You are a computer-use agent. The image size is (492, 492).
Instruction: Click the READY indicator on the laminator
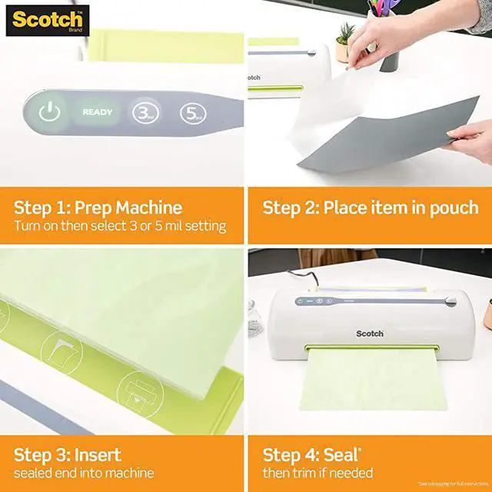(98, 112)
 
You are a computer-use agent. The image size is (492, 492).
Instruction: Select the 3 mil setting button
(143, 113)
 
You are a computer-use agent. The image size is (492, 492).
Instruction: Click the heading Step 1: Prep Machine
(98, 208)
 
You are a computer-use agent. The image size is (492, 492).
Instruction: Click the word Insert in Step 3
(95, 454)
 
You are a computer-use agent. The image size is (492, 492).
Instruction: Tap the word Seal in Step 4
(345, 454)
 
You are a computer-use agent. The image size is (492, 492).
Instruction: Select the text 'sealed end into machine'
(84, 473)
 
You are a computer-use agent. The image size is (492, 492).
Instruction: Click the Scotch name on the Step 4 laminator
(369, 333)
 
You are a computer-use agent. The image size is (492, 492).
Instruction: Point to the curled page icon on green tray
(61, 353)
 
